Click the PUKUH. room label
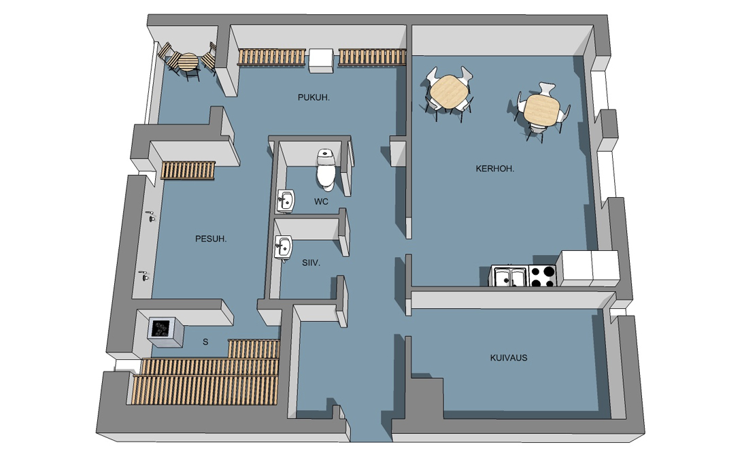314,97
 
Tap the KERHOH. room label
495,169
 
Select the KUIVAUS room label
509,358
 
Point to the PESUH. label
211,239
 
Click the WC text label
321,201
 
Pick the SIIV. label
311,263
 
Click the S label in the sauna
205,341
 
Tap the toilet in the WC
326,169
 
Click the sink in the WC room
286,201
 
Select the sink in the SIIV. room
284,248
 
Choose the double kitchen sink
509,277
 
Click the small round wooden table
189,63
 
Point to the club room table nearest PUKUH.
449,92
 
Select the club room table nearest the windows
542,110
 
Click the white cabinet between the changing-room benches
321,61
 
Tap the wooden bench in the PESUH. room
188,170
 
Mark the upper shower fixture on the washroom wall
152,216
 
